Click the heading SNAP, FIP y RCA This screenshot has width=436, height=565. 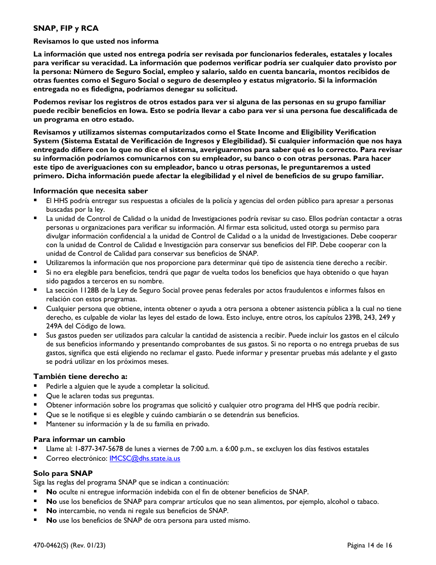point(66,28)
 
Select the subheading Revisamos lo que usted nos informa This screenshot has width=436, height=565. point(95,41)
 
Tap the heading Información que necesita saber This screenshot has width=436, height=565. point(90,191)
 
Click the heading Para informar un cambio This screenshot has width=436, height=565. point(79,439)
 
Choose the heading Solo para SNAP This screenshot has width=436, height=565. point(63,473)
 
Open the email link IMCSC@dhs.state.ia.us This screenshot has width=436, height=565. point(145,458)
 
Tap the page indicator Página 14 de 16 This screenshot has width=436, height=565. point(369,546)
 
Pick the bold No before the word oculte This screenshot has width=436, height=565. point(51,492)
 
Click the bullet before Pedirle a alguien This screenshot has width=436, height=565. point(36,386)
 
